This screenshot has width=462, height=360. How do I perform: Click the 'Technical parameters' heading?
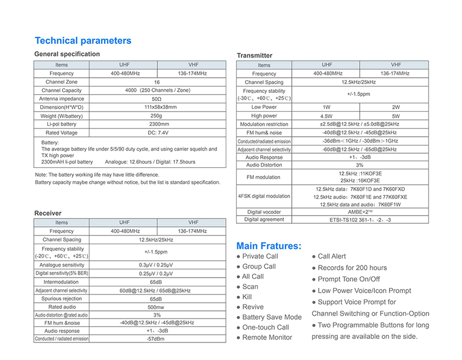pyautogui.click(x=83, y=41)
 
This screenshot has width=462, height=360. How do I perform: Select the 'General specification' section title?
pyautogui.click(x=67, y=54)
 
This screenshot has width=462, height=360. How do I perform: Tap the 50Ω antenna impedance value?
pyautogui.click(x=156, y=99)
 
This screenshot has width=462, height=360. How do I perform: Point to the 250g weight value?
pyautogui.click(x=156, y=116)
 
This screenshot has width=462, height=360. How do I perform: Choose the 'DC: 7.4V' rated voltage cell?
pyautogui.click(x=159, y=133)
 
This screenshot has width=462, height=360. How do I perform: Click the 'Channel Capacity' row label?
pyautogui.click(x=61, y=91)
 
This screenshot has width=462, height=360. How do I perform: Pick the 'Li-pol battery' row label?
pyautogui.click(x=61, y=124)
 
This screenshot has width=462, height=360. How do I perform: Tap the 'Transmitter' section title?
pyautogui.click(x=254, y=56)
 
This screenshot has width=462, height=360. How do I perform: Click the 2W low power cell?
pyautogui.click(x=396, y=108)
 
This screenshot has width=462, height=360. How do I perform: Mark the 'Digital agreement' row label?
pyautogui.click(x=264, y=220)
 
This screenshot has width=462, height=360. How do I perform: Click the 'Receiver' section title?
pyautogui.click(x=48, y=213)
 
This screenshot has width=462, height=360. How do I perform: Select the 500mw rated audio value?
pyautogui.click(x=156, y=307)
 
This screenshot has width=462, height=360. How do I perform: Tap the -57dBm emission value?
pyautogui.click(x=156, y=339)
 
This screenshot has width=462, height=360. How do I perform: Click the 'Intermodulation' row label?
pyautogui.click(x=61, y=282)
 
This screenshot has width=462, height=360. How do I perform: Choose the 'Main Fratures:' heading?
pyautogui.click(x=269, y=246)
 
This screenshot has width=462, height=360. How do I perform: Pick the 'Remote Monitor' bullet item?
pyautogui.click(x=267, y=338)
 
